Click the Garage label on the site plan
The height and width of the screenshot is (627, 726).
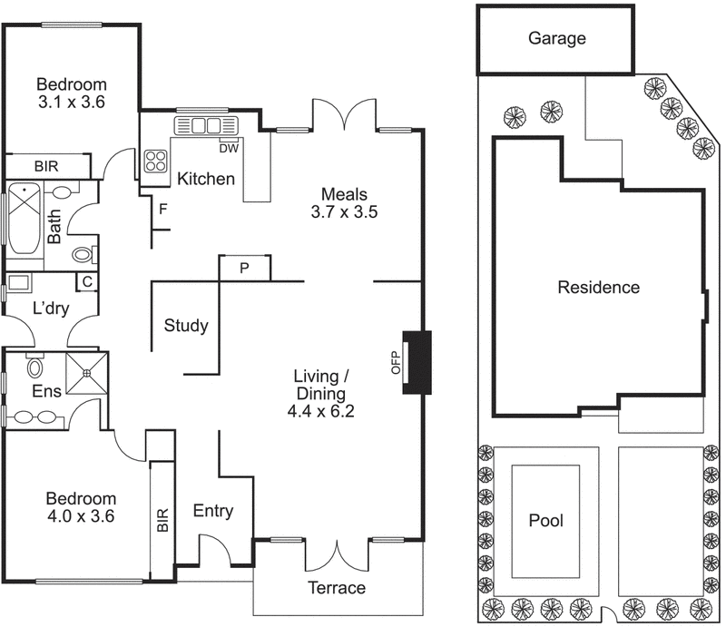click(x=557, y=39)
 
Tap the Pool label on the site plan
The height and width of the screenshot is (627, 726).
click(x=546, y=521)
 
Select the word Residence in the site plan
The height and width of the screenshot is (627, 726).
click(x=598, y=288)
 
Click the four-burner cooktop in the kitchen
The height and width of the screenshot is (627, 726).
click(x=156, y=161)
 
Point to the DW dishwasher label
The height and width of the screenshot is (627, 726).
click(x=229, y=148)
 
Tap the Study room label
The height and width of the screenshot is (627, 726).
click(x=186, y=326)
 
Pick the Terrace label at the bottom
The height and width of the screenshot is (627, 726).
click(x=336, y=588)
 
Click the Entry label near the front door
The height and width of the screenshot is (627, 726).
click(x=212, y=512)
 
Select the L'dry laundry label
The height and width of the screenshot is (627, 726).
click(x=51, y=309)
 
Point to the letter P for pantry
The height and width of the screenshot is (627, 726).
click(x=244, y=269)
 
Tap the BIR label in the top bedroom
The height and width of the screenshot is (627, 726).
click(x=47, y=166)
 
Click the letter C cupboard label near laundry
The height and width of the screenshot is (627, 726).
click(x=86, y=281)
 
